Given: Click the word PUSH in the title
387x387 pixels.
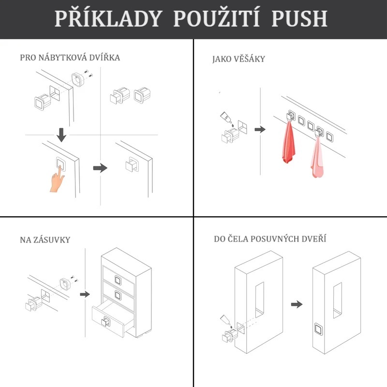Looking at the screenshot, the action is pyautogui.click(x=299, y=18).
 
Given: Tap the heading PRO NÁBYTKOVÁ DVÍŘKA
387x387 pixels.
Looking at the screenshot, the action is pyautogui.click(x=70, y=57).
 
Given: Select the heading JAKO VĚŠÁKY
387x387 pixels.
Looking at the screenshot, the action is pyautogui.click(x=238, y=59).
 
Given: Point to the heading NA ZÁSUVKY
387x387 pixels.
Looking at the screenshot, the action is pyautogui.click(x=45, y=239).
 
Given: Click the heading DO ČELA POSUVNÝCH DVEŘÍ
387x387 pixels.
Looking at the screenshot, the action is pyautogui.click(x=270, y=238).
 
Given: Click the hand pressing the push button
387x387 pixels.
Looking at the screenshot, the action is pyautogui.click(x=57, y=179).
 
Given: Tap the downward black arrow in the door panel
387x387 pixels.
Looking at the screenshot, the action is pyautogui.click(x=61, y=135).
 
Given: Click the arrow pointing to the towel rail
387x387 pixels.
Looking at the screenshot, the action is pyautogui.click(x=260, y=129).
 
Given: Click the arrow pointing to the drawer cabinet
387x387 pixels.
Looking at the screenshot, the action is pyautogui.click(x=85, y=294).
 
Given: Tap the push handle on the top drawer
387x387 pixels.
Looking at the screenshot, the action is pyautogui.click(x=118, y=280).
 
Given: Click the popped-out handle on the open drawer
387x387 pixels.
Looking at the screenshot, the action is pyautogui.click(x=105, y=321).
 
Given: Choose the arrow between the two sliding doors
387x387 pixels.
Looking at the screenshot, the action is pyautogui.click(x=297, y=304).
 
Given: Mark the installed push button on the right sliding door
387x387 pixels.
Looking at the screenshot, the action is pyautogui.click(x=319, y=329).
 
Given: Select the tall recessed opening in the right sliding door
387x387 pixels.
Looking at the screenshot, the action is pyautogui.click(x=338, y=300).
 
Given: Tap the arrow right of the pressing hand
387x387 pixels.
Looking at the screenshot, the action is pyautogui.click(x=100, y=168).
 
